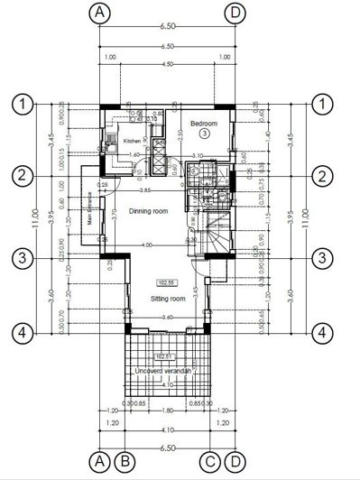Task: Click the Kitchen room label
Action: [x=132, y=142]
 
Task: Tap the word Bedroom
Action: [x=204, y=122]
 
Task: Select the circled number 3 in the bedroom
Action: [x=205, y=134]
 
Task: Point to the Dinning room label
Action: [x=148, y=211]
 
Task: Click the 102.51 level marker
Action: [x=163, y=356]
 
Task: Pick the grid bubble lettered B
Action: [x=125, y=462]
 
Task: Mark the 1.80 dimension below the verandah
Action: [x=167, y=409]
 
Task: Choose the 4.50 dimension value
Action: [x=167, y=65]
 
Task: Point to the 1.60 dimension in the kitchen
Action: [x=135, y=154]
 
